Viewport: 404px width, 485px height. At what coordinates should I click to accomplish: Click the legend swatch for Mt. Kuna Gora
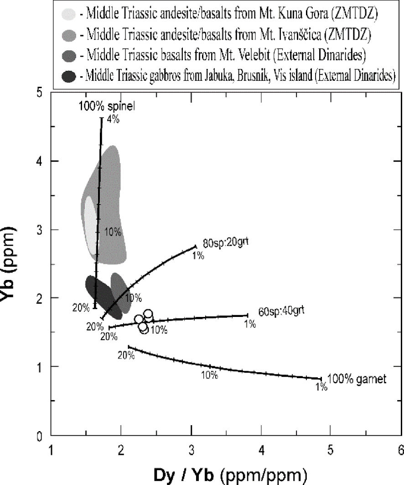coord(68,15)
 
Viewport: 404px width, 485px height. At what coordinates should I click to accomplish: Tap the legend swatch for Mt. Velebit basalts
coord(68,56)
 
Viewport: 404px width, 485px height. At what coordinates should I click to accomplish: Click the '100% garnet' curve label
coord(357,379)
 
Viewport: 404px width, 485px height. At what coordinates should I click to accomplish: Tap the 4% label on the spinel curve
coord(112,120)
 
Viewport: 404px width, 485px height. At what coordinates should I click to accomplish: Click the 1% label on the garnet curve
coord(321,387)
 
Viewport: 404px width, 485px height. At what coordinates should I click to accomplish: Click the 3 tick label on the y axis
coord(41,230)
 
